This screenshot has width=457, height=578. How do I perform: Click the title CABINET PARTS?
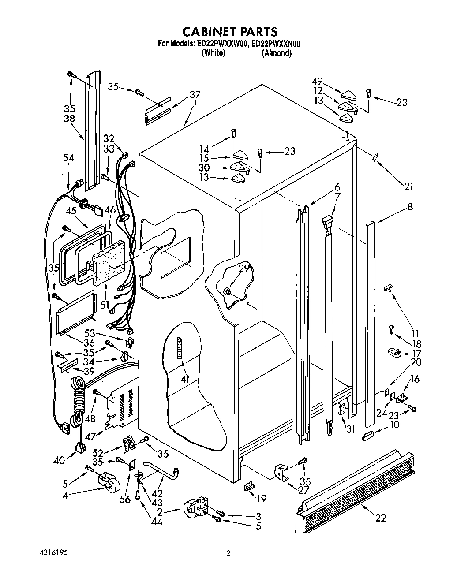[x=230, y=31]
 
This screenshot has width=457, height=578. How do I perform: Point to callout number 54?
[x=68, y=158]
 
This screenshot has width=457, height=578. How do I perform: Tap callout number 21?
[x=408, y=186]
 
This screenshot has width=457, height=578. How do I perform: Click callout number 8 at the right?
[x=410, y=206]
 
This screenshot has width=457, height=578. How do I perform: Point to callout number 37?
[x=195, y=94]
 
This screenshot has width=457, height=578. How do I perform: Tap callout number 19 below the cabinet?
[x=262, y=499]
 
